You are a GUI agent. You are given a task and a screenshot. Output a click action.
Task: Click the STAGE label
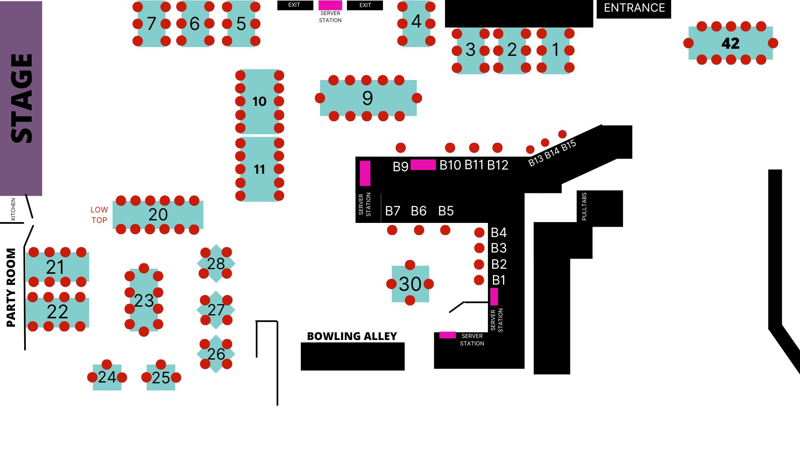click(21, 98)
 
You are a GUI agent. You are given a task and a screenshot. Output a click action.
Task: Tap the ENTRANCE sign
click(634, 8)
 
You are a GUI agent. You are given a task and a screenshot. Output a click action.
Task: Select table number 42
click(730, 43)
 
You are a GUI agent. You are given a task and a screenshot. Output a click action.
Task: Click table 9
click(368, 98)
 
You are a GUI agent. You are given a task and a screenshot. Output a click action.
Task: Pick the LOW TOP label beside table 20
click(99, 215)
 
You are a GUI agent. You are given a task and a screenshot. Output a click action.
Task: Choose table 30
click(410, 284)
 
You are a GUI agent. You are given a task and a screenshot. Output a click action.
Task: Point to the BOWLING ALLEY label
click(352, 336)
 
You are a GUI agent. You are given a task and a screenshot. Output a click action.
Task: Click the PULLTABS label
click(584, 206)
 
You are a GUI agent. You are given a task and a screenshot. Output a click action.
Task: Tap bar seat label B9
click(400, 167)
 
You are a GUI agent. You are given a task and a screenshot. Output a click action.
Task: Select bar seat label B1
click(499, 280)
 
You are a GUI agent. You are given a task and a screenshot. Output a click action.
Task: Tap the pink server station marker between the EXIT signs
click(330, 5)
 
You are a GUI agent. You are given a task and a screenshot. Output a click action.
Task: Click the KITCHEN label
click(13, 209)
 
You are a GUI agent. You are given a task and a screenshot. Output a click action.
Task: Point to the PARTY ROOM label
click(11, 287)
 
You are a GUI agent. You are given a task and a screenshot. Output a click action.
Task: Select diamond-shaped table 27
click(216, 310)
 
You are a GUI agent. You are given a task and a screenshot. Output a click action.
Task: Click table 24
click(107, 377)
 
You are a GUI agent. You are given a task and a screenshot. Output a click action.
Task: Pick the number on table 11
click(259, 170)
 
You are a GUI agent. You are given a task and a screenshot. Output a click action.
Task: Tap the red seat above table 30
click(410, 265)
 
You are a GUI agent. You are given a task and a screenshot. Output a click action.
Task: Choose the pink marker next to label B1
click(494, 297)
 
